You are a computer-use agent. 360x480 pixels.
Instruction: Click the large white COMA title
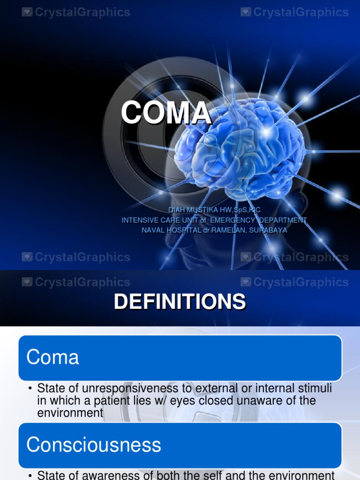[x=166, y=113]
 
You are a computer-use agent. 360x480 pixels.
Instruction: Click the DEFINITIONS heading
[x=180, y=302]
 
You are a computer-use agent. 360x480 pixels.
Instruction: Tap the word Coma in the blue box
[x=52, y=358]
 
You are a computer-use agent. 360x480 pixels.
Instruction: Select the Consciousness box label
[x=93, y=445]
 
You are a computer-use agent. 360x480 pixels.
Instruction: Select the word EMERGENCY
[x=233, y=220]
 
